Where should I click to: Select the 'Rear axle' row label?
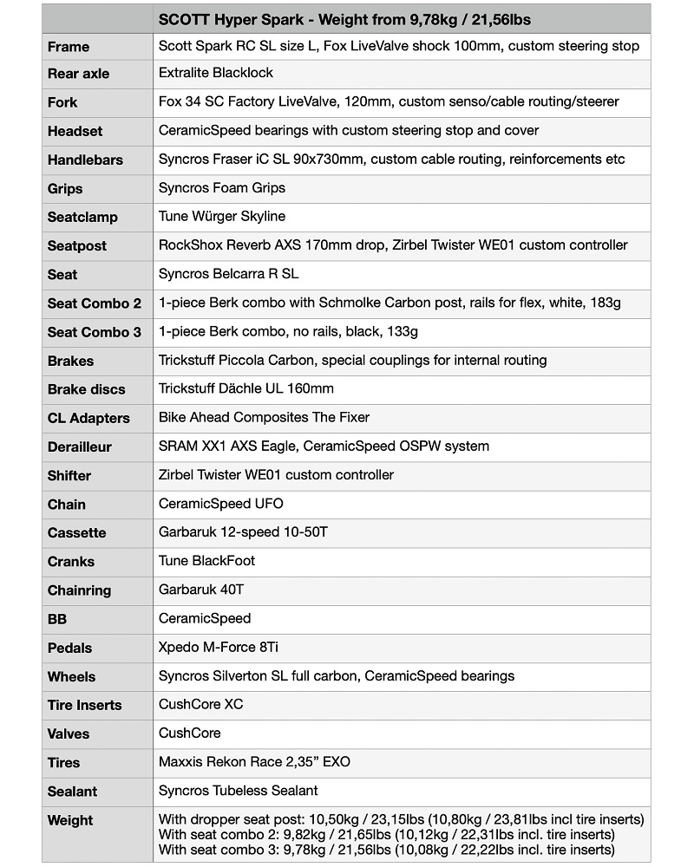coord(78,74)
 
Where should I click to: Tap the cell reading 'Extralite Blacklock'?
coord(216,74)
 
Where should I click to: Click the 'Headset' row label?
coord(75,131)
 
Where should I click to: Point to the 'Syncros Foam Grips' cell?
coord(222,188)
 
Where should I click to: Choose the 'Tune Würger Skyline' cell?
coord(222,217)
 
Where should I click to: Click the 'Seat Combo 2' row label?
coord(94,303)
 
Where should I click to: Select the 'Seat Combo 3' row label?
coord(94,332)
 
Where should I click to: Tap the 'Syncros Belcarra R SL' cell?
coord(228,274)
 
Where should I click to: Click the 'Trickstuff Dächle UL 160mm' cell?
coord(246,388)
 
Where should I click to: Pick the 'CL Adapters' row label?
coord(88,418)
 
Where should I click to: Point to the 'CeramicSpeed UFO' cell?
coord(221,504)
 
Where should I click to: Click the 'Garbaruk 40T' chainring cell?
coord(201,590)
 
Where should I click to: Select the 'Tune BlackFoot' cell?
coord(207,561)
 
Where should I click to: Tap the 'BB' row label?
coord(57,619)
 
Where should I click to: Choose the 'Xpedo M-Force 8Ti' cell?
coord(219,648)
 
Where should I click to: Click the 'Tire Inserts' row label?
coord(84,705)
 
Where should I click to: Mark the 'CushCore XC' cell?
coord(201,705)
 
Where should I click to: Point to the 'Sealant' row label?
coord(72,791)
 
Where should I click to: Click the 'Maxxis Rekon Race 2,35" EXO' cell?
coord(254,762)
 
